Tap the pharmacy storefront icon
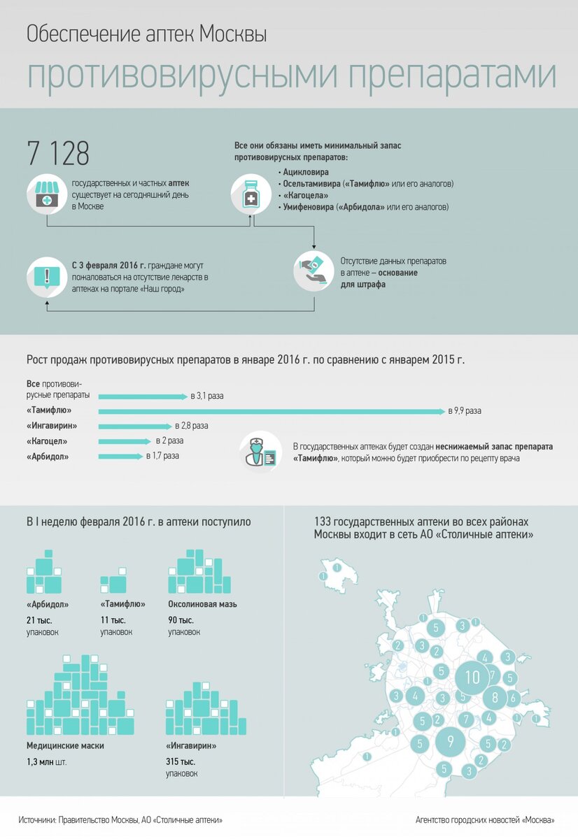[x=47, y=195]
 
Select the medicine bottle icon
[x=251, y=194]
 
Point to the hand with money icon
[x=313, y=270]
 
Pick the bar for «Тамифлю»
[x=272, y=411]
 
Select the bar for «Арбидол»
[x=120, y=457]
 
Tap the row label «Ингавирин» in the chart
[x=52, y=426]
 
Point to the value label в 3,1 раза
[x=207, y=396]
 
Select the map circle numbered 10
[x=473, y=677]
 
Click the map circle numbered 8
[x=495, y=697]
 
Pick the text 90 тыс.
[x=181, y=620]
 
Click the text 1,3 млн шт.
[x=46, y=762]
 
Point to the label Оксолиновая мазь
[x=202, y=604]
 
